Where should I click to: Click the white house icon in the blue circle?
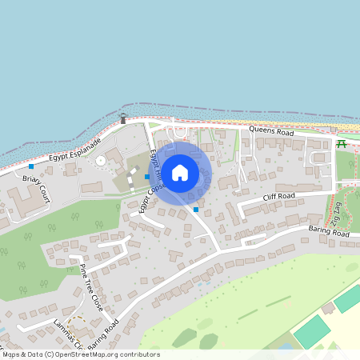pos(180,172)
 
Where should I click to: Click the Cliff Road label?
pos(279,196)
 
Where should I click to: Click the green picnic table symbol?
pos(342,144)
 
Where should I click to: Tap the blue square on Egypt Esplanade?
pos(31,166)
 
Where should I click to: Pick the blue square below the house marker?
pos(196,210)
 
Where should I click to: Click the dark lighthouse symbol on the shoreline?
pos(122,119)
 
